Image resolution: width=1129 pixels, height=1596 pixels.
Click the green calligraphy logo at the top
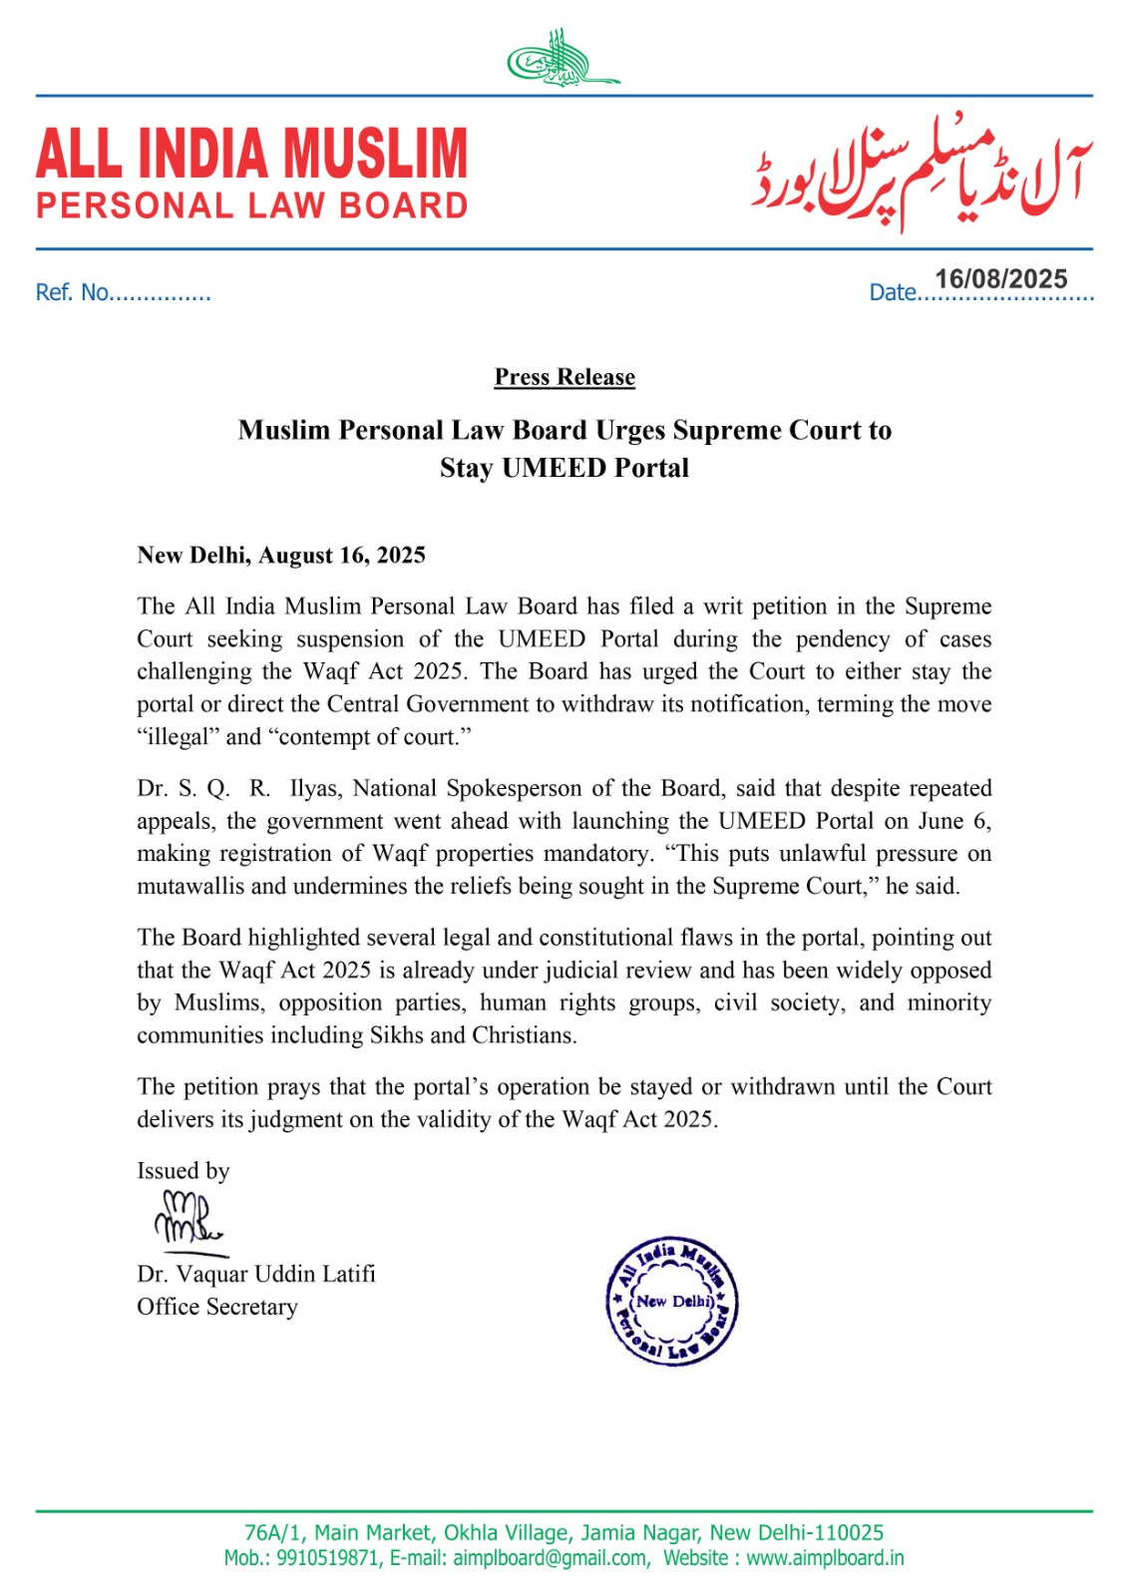point(563,60)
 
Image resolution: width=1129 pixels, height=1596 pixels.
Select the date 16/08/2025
point(1000,279)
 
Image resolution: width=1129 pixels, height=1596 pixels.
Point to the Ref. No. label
point(72,292)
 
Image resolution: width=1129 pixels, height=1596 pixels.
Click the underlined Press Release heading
point(564,377)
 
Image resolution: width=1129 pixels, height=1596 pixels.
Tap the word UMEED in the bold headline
point(547,468)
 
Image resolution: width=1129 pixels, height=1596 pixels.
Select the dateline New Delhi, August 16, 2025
point(281,556)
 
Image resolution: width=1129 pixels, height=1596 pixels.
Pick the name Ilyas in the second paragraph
point(316,788)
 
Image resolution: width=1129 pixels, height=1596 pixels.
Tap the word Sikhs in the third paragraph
point(397,1034)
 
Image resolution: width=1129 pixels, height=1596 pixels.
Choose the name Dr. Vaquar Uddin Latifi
point(256,1274)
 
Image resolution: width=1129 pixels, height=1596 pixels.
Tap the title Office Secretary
point(217,1307)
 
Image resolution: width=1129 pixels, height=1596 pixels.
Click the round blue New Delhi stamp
point(673,1301)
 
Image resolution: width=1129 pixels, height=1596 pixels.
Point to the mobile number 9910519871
point(329,1558)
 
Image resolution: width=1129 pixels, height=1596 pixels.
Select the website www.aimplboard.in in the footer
point(825,1558)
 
